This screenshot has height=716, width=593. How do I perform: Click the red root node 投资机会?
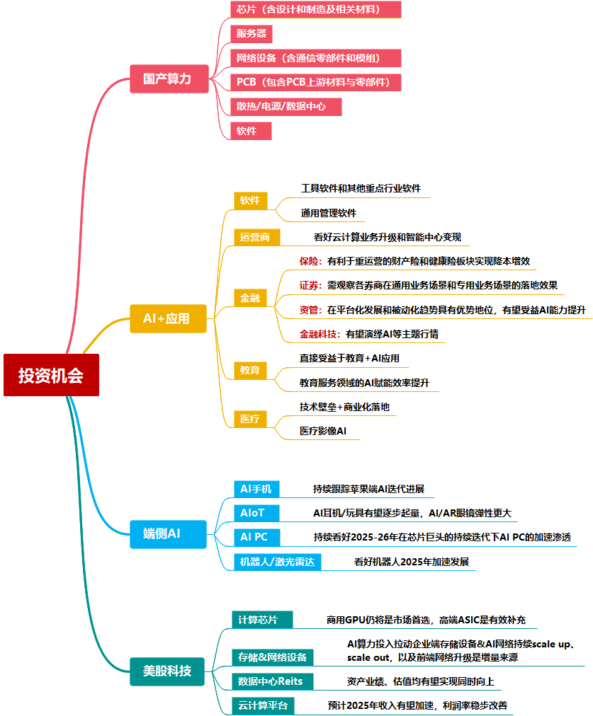tap(51, 375)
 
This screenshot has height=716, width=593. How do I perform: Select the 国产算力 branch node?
tap(167, 78)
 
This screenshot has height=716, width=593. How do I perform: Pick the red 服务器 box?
tap(252, 33)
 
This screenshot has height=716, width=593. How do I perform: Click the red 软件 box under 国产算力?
tap(252, 131)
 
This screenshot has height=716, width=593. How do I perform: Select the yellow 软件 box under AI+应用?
tap(249, 200)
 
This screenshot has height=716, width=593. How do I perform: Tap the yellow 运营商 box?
tap(256, 237)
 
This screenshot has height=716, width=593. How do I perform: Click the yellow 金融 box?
tap(249, 298)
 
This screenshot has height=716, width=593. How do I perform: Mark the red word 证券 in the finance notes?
tap(310, 285)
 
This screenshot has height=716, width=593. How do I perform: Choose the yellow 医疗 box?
tap(249, 419)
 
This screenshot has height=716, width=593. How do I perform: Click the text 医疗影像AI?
tap(322, 430)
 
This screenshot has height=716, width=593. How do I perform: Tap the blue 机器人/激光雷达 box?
tap(277, 562)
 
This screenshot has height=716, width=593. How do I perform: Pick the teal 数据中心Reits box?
tap(270, 681)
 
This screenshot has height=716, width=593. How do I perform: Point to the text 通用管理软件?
tap(328, 212)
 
